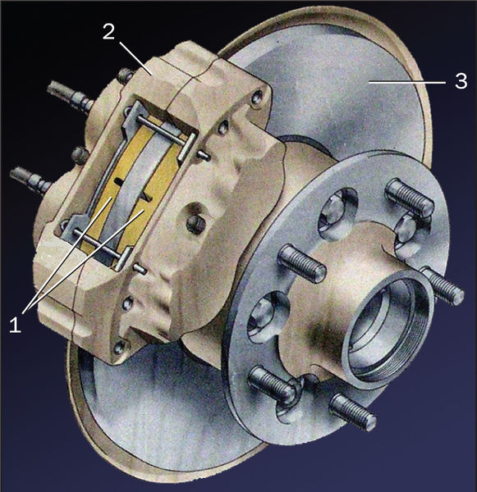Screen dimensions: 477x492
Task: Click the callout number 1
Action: tap(15, 325)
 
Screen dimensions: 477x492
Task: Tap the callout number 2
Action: tap(108, 31)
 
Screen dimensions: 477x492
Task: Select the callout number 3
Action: tap(461, 81)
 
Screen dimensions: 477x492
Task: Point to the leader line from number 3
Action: tap(407, 82)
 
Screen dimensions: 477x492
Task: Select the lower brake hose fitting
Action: tap(31, 180)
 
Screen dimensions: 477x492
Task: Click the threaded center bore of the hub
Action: tap(388, 326)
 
